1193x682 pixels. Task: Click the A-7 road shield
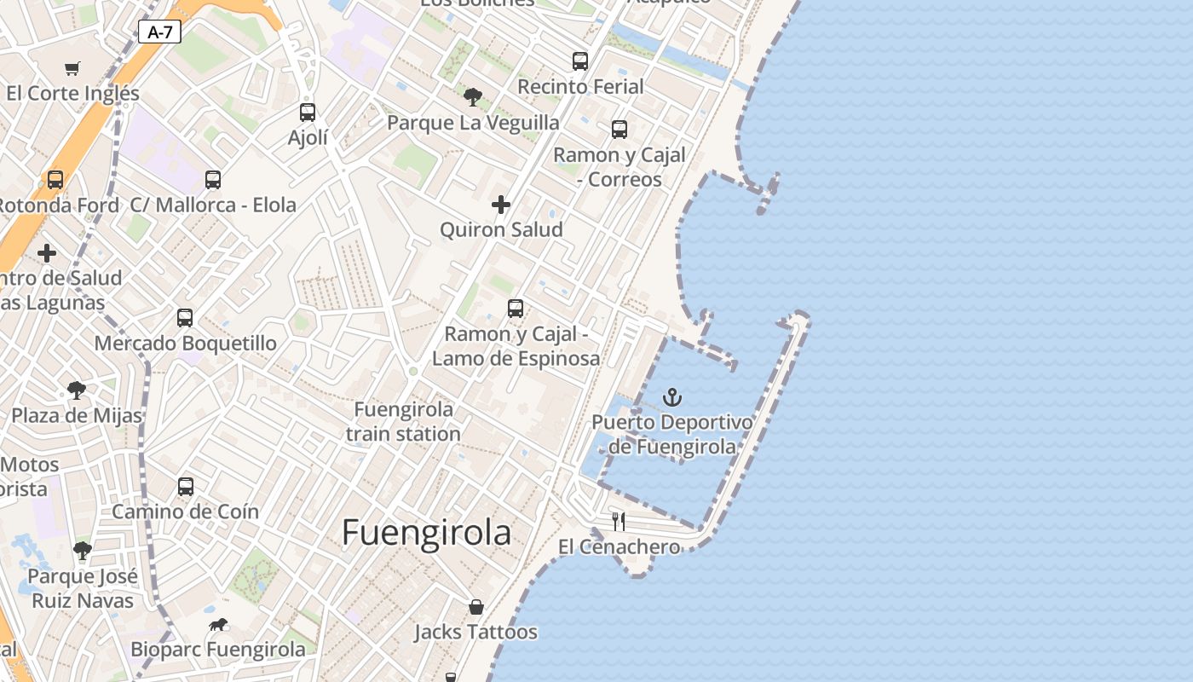click(x=159, y=32)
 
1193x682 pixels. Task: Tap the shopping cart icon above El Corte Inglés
click(x=72, y=68)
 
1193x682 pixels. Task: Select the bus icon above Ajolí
click(x=308, y=112)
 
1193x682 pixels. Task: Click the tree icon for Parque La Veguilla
click(x=473, y=97)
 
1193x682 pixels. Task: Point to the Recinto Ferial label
click(x=580, y=86)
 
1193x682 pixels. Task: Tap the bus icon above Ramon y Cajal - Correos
click(x=620, y=130)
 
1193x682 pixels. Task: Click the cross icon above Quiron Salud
click(x=501, y=205)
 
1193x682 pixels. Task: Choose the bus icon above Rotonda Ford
click(x=55, y=180)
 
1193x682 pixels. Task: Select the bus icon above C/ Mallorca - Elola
click(x=213, y=180)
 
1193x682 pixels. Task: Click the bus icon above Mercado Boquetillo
click(x=185, y=318)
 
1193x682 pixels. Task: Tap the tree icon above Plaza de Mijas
click(x=77, y=390)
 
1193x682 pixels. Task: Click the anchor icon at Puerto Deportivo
click(x=672, y=397)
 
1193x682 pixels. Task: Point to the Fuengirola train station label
click(x=403, y=421)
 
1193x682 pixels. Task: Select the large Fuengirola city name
click(x=426, y=533)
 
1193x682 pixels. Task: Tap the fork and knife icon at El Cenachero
click(x=619, y=521)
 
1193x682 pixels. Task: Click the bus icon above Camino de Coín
click(x=186, y=487)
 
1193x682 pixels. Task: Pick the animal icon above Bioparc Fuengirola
click(x=218, y=625)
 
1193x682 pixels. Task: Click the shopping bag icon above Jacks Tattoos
click(x=476, y=607)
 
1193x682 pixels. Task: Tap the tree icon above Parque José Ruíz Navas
click(x=83, y=551)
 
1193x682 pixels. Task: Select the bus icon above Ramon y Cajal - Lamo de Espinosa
click(x=516, y=309)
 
